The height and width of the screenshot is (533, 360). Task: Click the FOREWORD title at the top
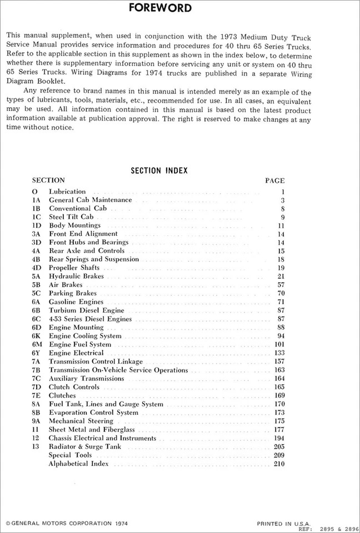[160, 8]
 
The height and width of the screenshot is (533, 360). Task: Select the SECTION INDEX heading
[159, 170]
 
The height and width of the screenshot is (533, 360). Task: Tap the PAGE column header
[275, 180]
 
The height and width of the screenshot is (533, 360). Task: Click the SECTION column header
[48, 180]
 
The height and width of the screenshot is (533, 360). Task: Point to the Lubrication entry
[67, 192]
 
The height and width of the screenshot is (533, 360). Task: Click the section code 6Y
[37, 353]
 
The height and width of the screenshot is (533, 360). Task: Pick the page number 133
[279, 353]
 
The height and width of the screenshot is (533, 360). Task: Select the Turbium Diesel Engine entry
[87, 310]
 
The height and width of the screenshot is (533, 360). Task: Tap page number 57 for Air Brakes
[281, 285]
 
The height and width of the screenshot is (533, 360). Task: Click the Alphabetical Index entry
[79, 464]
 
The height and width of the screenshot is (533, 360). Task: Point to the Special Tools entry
[70, 455]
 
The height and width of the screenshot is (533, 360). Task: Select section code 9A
[37, 421]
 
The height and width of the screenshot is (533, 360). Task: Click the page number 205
[279, 446]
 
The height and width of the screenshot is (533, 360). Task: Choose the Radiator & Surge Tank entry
[84, 446]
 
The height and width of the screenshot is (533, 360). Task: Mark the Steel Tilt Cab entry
[71, 217]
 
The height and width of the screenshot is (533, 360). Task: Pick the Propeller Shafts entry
[74, 268]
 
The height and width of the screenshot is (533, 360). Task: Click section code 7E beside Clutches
[37, 395]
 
